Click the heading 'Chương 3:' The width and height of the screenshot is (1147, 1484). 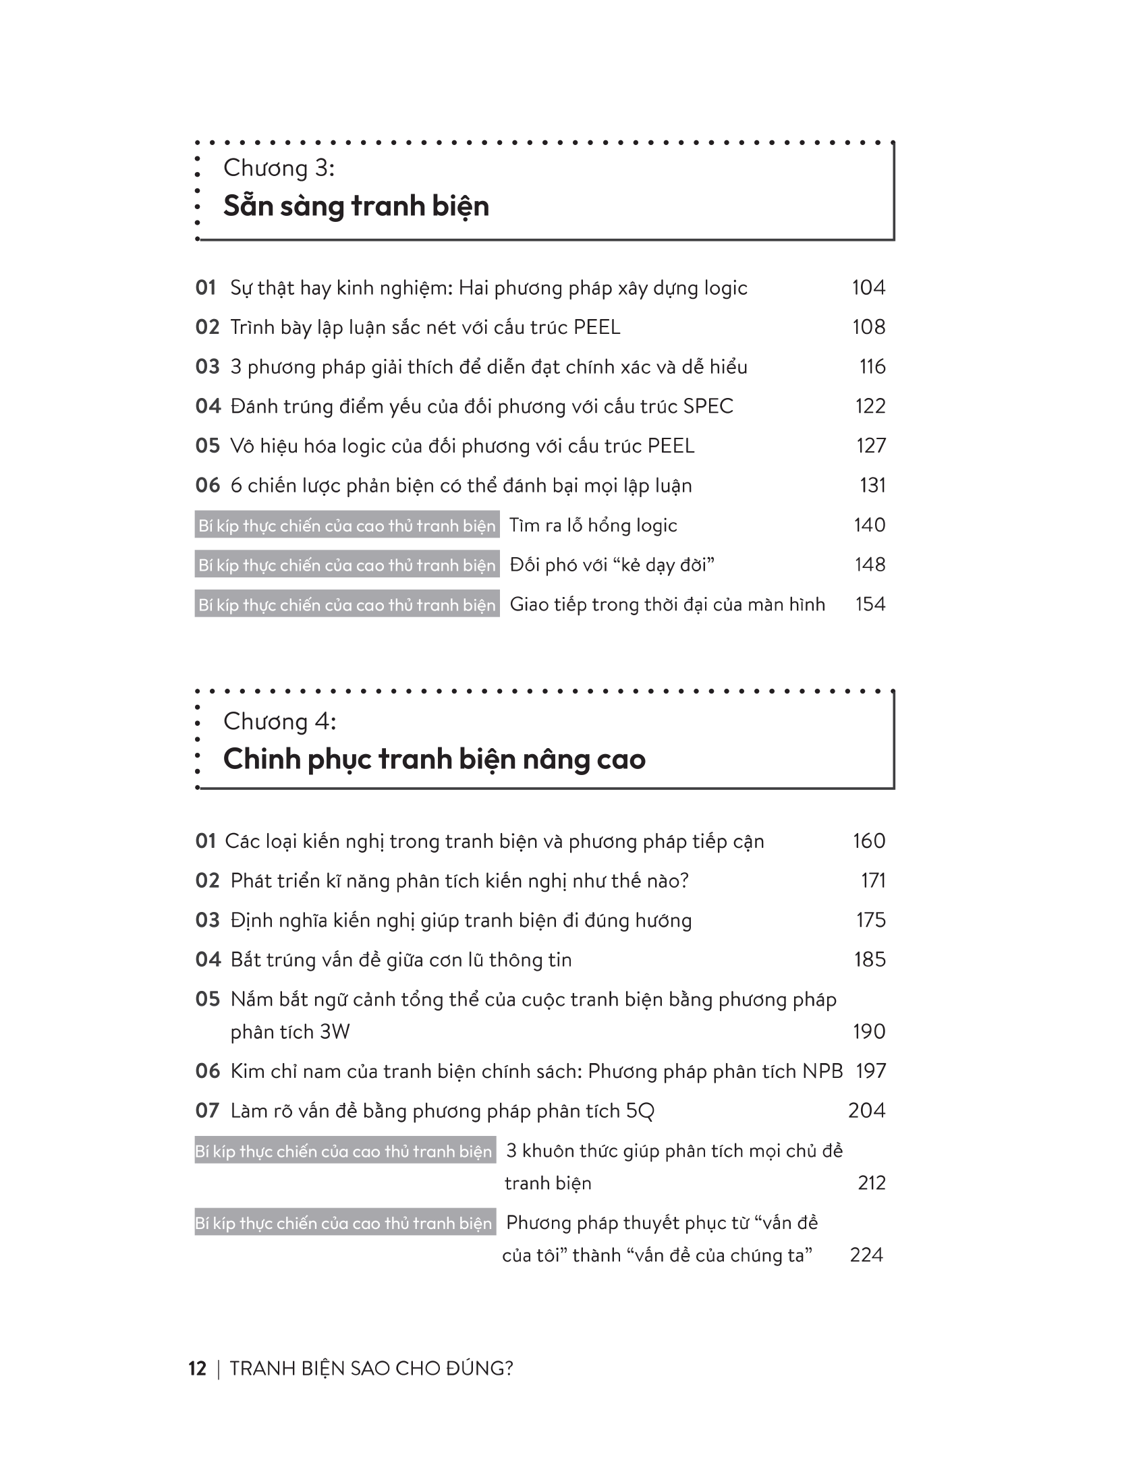279,168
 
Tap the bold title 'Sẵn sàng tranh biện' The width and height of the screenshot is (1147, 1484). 356,206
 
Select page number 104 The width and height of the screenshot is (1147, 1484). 868,288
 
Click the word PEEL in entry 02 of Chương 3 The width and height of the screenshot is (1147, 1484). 596,328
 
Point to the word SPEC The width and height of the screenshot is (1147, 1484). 708,406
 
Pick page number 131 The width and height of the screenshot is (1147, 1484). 872,485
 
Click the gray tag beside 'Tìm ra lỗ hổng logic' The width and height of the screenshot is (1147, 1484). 347,525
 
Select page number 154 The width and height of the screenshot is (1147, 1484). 870,604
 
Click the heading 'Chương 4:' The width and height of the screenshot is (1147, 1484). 279,721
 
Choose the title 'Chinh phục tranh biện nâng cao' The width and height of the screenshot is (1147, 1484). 435,759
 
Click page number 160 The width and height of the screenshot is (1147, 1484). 869,841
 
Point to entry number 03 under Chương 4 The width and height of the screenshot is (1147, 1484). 207,920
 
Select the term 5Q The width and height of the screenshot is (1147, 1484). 640,1111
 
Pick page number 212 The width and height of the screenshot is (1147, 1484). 872,1183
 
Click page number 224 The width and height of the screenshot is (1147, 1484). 866,1255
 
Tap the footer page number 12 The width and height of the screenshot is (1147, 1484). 197,1369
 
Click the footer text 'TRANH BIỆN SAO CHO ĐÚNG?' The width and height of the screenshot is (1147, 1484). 371,1369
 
